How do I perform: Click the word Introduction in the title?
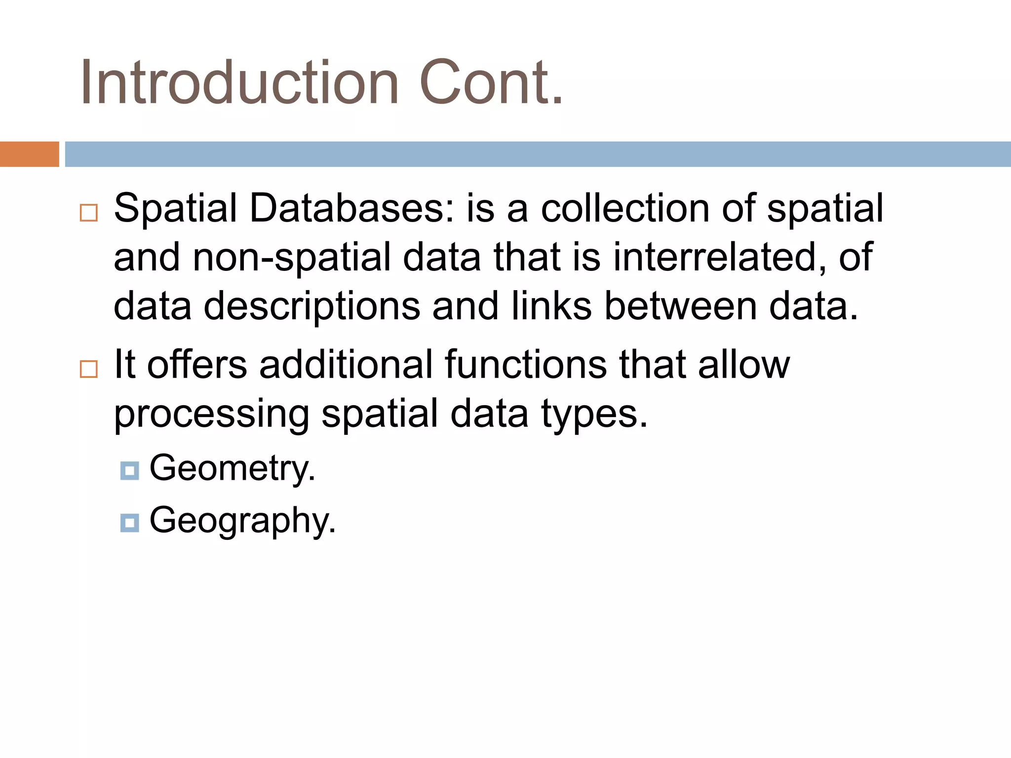point(239,82)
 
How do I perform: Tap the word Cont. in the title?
point(491,82)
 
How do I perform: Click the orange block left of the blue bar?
point(29,154)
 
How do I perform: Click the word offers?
point(197,365)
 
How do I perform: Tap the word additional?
point(346,365)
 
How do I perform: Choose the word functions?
point(526,365)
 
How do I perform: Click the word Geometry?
point(232,468)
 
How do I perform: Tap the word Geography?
point(242,521)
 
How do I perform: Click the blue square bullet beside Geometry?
point(129,471)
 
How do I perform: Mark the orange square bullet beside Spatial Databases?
point(89,213)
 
